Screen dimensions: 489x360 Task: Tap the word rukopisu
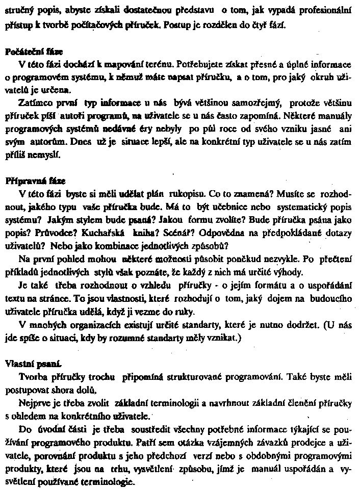tap(171, 194)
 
